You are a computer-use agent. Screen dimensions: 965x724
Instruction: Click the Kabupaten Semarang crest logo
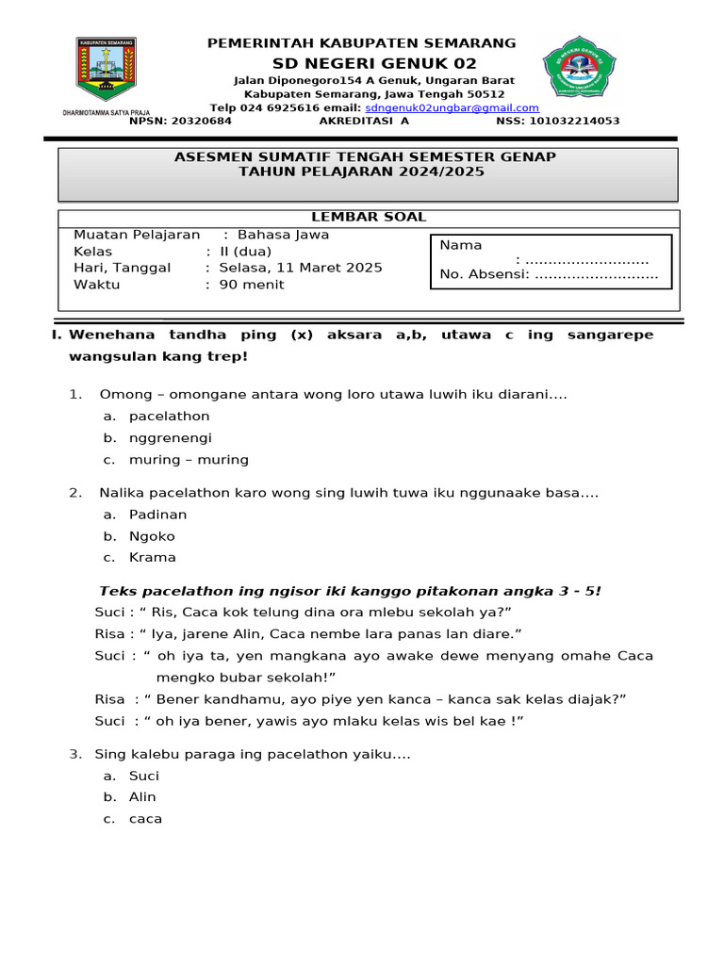(106, 70)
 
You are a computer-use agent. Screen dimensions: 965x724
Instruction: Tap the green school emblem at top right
(579, 72)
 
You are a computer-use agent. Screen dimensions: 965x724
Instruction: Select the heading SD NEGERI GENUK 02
(374, 63)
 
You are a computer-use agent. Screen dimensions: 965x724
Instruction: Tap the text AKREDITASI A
(364, 122)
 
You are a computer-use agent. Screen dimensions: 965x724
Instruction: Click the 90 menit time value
(251, 285)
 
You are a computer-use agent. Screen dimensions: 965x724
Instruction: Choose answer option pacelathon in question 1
(169, 417)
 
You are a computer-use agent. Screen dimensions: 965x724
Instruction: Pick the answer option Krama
(152, 558)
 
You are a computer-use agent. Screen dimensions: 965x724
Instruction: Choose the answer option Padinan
(157, 515)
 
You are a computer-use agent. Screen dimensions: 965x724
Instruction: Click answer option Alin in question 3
(142, 797)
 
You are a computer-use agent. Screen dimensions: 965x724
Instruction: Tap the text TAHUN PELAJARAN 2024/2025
(361, 172)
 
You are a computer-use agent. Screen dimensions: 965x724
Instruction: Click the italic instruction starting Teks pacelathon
(350, 591)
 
